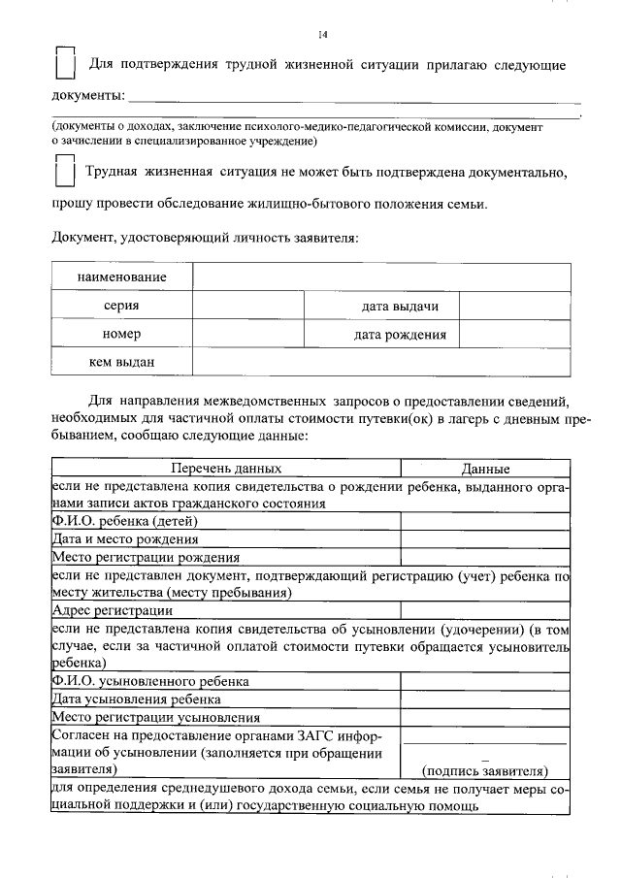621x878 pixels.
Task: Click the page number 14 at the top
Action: click(x=324, y=36)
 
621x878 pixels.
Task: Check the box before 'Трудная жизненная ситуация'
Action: click(x=65, y=171)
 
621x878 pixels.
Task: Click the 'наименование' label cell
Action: click(x=121, y=277)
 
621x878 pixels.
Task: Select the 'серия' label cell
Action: click(x=121, y=306)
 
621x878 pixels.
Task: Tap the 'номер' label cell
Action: click(x=121, y=335)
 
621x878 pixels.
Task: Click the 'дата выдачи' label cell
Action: click(x=400, y=306)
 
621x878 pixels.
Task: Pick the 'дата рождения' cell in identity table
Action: click(x=400, y=335)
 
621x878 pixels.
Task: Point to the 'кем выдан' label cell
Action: click(x=121, y=363)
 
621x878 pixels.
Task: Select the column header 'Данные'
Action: click(x=485, y=468)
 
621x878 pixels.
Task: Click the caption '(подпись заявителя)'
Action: click(x=485, y=771)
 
